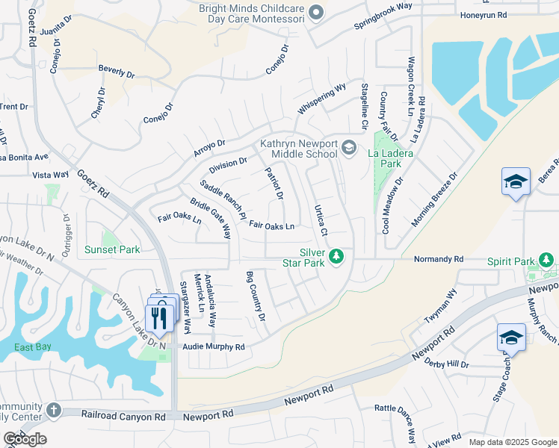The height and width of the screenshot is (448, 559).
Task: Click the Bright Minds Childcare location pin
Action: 316,12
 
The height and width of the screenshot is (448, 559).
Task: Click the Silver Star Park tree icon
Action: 337,257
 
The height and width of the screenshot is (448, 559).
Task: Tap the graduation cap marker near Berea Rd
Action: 516,182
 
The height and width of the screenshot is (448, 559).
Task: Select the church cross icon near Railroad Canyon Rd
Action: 53,410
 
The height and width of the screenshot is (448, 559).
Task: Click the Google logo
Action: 25,439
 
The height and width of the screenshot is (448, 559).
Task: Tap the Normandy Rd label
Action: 439,260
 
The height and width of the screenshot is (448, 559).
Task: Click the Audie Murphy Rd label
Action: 214,347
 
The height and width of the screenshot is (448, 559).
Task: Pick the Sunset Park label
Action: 112,249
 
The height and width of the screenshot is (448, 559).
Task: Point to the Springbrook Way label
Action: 383,19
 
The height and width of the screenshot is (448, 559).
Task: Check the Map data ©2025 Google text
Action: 511,441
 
